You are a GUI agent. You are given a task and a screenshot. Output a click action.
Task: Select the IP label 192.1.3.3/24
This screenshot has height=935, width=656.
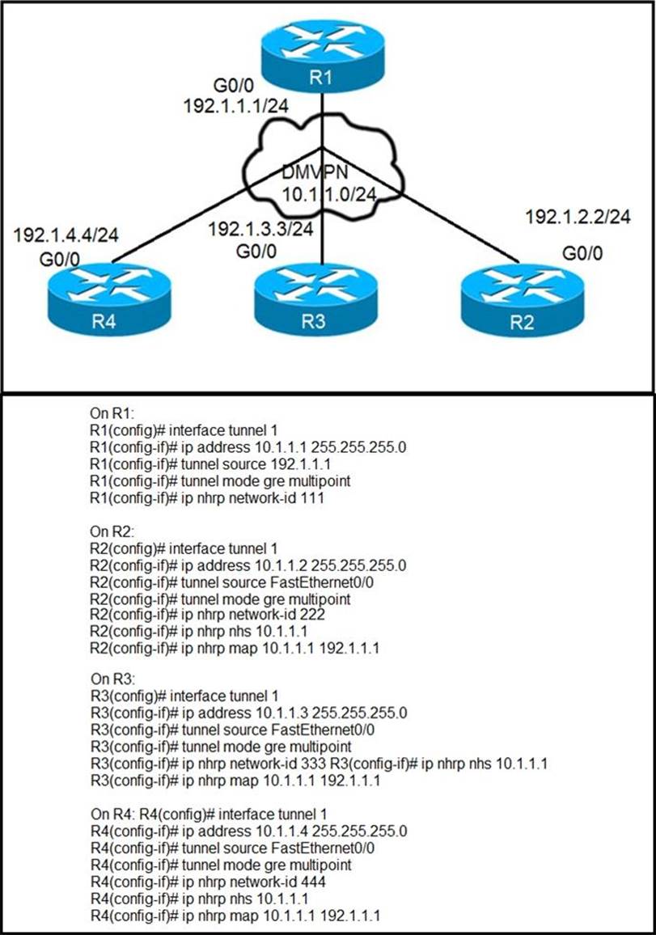[260, 229]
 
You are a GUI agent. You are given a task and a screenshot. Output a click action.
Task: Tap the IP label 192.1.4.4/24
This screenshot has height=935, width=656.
[66, 235]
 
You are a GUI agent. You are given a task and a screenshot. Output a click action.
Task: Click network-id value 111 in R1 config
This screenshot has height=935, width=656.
[312, 499]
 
